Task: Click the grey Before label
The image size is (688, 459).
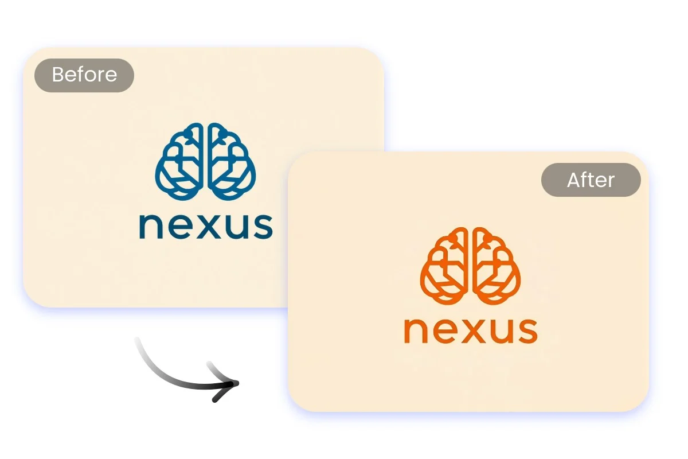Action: click(84, 75)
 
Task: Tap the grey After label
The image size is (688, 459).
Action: click(591, 180)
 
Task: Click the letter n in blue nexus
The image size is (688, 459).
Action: click(151, 226)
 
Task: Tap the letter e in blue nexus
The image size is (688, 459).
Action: click(179, 226)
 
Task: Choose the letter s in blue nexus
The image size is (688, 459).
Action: click(259, 226)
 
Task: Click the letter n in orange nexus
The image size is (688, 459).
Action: click(416, 330)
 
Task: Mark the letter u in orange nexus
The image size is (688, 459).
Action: click(496, 330)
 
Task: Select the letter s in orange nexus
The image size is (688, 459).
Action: click(524, 330)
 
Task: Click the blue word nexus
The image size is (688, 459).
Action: click(205, 226)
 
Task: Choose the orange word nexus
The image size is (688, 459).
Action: click(470, 330)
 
